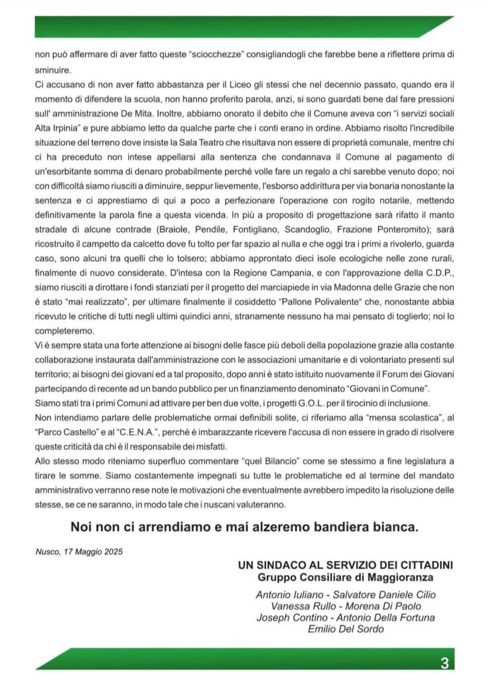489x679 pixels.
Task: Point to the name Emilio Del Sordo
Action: (x=346, y=629)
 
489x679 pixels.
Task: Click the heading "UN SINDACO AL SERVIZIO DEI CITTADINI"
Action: (x=346, y=565)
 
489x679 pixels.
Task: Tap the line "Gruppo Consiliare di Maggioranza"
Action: (x=346, y=576)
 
